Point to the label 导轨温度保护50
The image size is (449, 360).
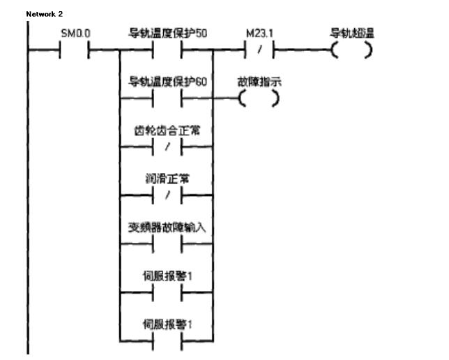[x=167, y=33]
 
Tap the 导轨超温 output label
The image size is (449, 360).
[x=353, y=33]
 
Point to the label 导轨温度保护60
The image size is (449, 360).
[x=167, y=82]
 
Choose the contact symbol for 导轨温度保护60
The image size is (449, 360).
[x=167, y=99]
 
